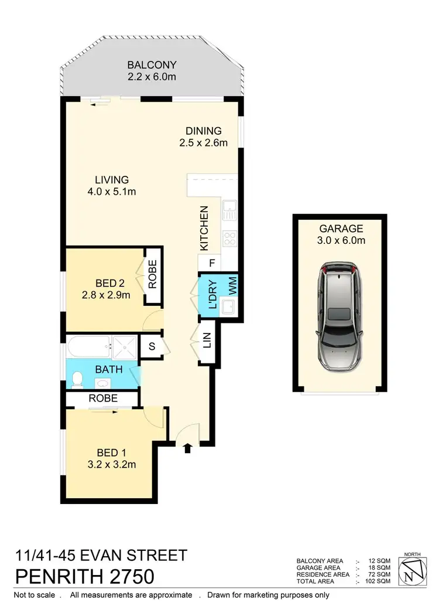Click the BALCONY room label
click(x=152, y=64)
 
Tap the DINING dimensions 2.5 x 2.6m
click(x=203, y=142)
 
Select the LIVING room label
click(x=112, y=180)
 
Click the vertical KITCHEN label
click(x=204, y=229)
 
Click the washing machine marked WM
click(x=232, y=287)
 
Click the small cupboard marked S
click(x=152, y=346)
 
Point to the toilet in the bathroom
click(x=77, y=380)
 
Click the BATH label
click(x=109, y=370)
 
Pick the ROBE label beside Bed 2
click(x=152, y=274)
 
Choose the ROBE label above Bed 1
click(x=103, y=399)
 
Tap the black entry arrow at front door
click(x=187, y=448)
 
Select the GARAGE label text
click(x=341, y=229)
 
